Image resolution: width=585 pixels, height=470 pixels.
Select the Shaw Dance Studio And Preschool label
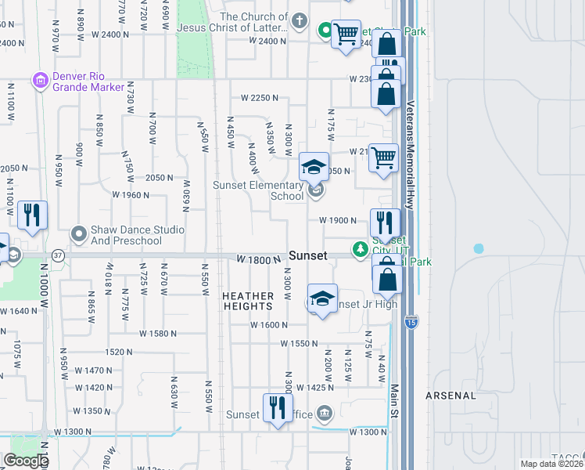(126, 235)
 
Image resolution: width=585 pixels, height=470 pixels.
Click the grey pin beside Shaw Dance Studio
(78, 233)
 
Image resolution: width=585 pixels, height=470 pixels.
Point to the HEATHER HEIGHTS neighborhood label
(249, 302)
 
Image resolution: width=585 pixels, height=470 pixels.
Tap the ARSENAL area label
(450, 396)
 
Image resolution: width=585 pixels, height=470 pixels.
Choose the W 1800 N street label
(258, 259)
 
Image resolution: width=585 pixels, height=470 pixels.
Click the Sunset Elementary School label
(259, 190)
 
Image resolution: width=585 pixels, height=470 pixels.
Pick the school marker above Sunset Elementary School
(314, 167)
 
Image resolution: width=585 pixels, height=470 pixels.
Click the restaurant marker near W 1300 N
(277, 408)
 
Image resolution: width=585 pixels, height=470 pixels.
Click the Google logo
(26, 460)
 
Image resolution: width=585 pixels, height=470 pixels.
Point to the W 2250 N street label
(260, 98)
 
